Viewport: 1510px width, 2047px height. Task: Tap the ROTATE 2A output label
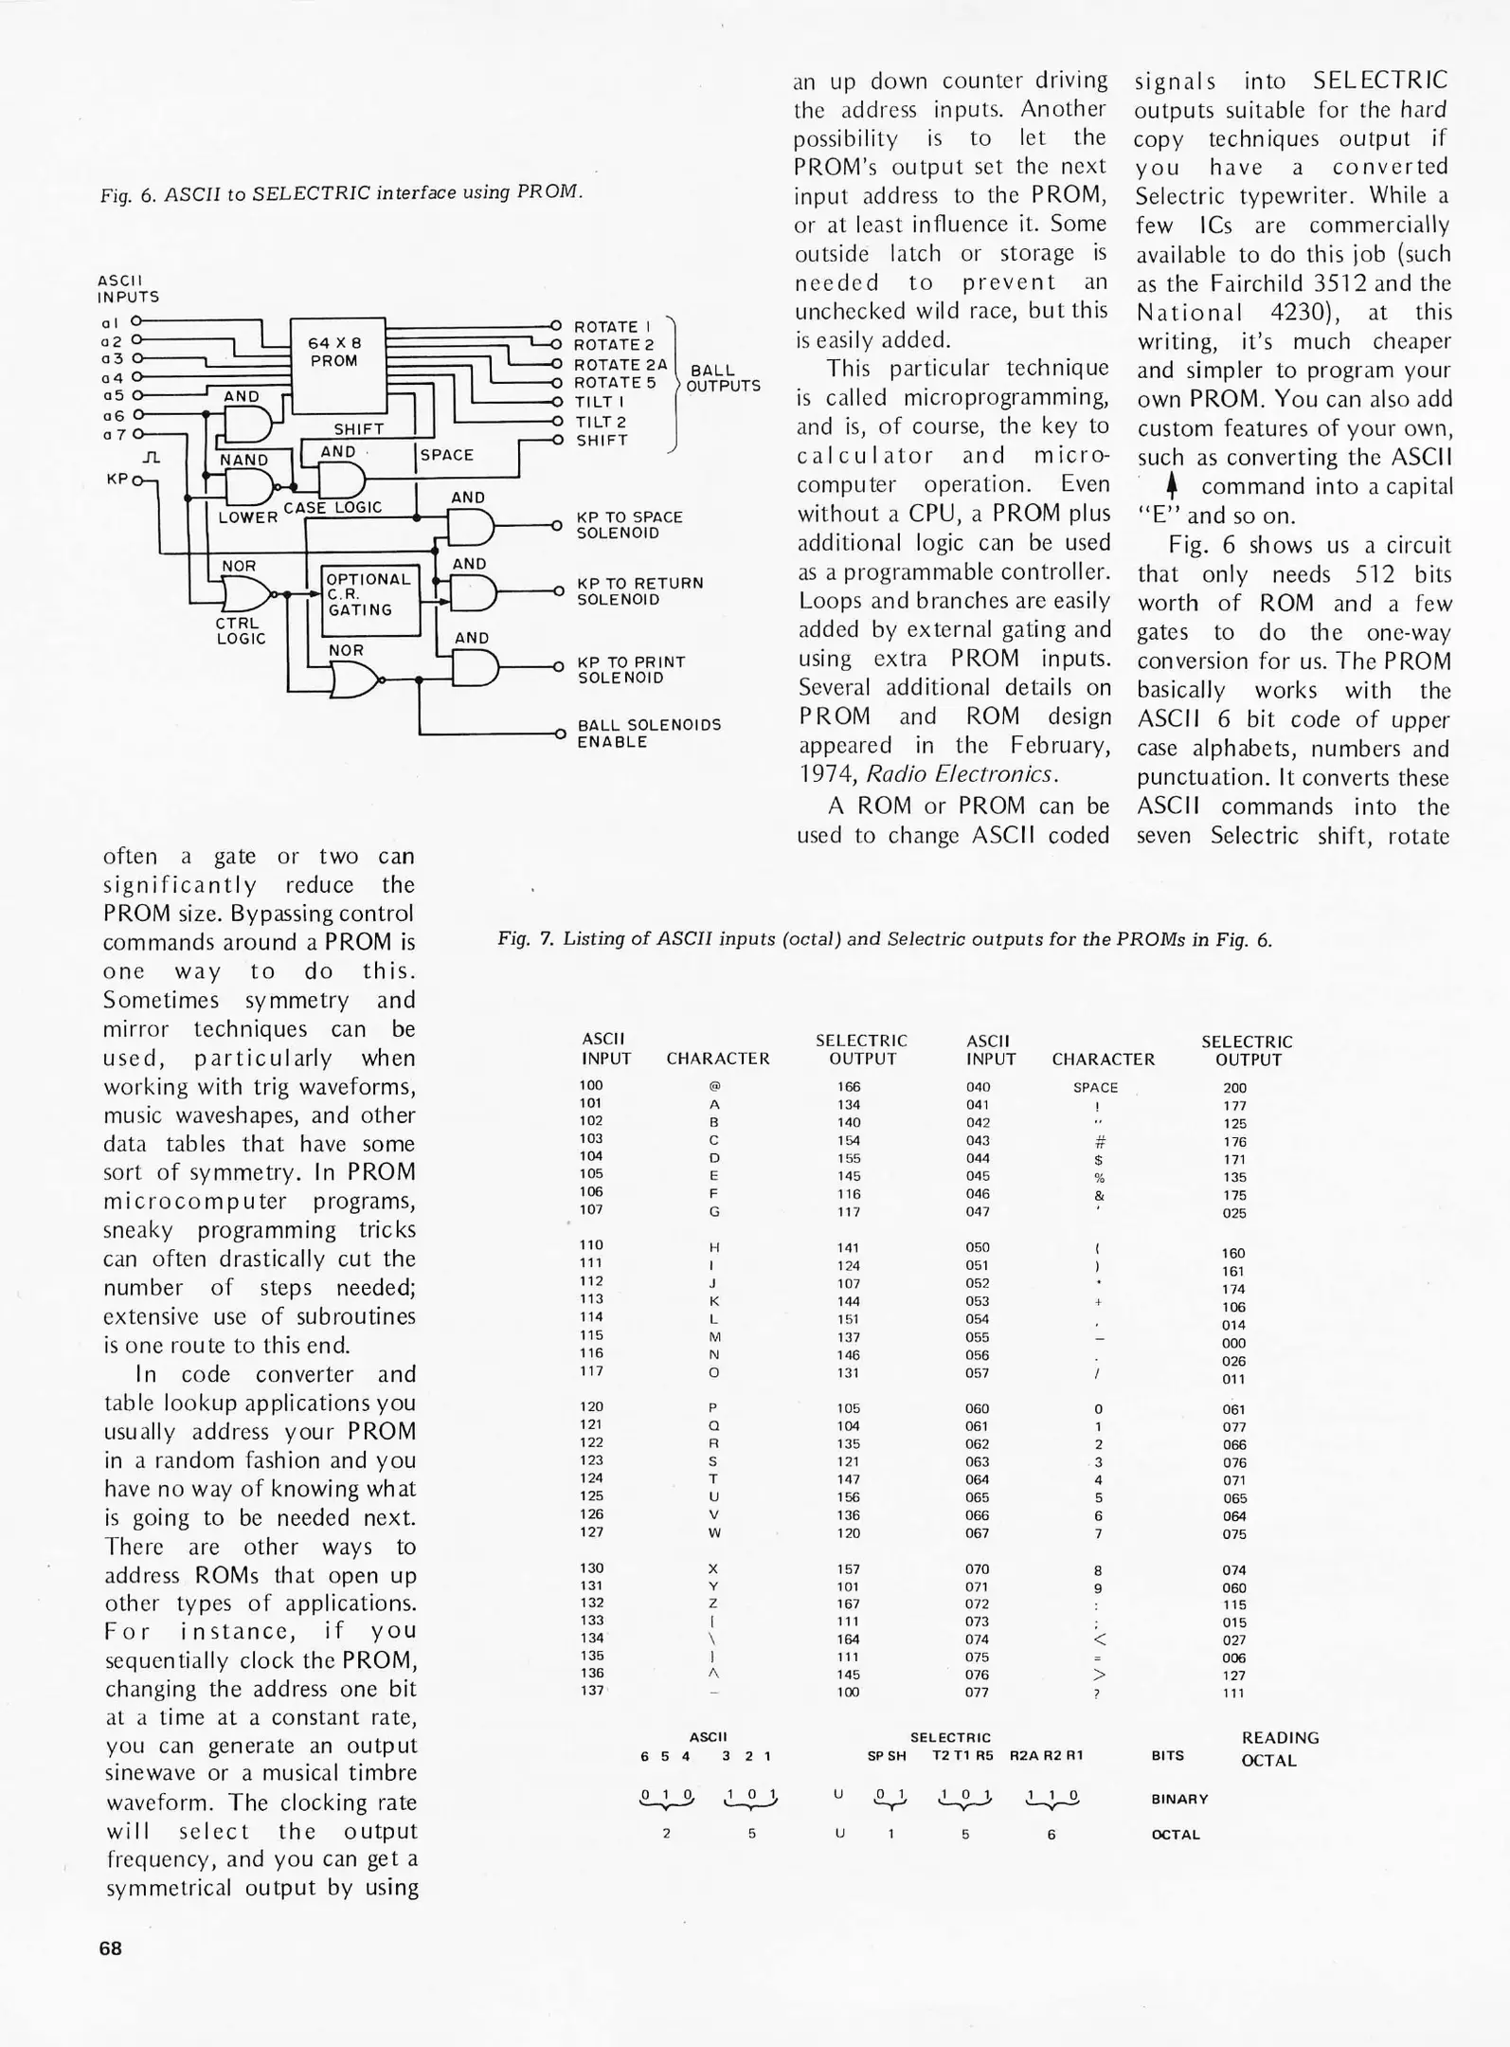click(620, 365)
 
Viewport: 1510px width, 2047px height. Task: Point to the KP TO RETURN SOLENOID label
click(640, 591)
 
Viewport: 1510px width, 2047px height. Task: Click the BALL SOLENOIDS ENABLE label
click(649, 734)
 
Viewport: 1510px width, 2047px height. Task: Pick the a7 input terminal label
click(113, 435)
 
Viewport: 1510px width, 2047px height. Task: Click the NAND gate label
click(243, 461)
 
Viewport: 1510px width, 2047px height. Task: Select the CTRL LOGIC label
click(241, 631)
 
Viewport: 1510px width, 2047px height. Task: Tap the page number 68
click(111, 1948)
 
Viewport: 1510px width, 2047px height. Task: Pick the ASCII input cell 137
click(591, 1691)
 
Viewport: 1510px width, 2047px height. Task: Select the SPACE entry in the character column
click(1095, 1088)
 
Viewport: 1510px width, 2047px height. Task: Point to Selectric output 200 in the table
click(1234, 1088)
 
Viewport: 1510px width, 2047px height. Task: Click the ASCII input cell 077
click(978, 1692)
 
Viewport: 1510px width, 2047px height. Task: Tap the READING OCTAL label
click(1279, 1749)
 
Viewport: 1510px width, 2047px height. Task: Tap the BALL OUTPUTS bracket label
click(723, 378)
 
